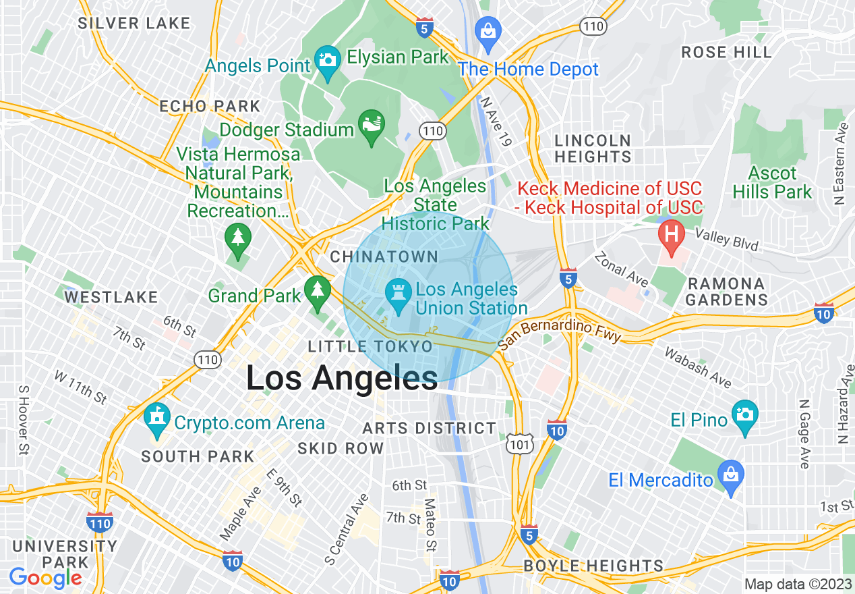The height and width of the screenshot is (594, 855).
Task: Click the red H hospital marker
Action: (x=671, y=234)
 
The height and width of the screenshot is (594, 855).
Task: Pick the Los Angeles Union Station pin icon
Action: (x=398, y=294)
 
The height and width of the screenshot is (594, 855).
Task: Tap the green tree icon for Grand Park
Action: (x=316, y=291)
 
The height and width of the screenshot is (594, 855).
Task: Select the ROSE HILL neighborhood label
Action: (x=726, y=52)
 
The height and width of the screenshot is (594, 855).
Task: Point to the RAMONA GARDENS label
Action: (x=726, y=292)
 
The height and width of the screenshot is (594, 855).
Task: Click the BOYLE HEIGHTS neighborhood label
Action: (x=593, y=566)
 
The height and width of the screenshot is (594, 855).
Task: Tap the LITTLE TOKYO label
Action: (x=370, y=346)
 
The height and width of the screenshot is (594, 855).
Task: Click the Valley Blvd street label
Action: (x=726, y=239)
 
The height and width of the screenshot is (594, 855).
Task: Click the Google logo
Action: (x=45, y=578)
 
